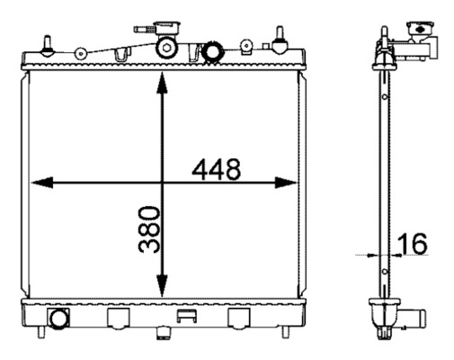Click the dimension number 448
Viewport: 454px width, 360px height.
point(216,169)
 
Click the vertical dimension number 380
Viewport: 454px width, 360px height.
point(149,230)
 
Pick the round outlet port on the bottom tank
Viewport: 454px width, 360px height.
point(60,319)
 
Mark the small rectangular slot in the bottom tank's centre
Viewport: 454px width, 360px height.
point(187,316)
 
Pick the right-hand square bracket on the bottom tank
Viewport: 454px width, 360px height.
point(239,318)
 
